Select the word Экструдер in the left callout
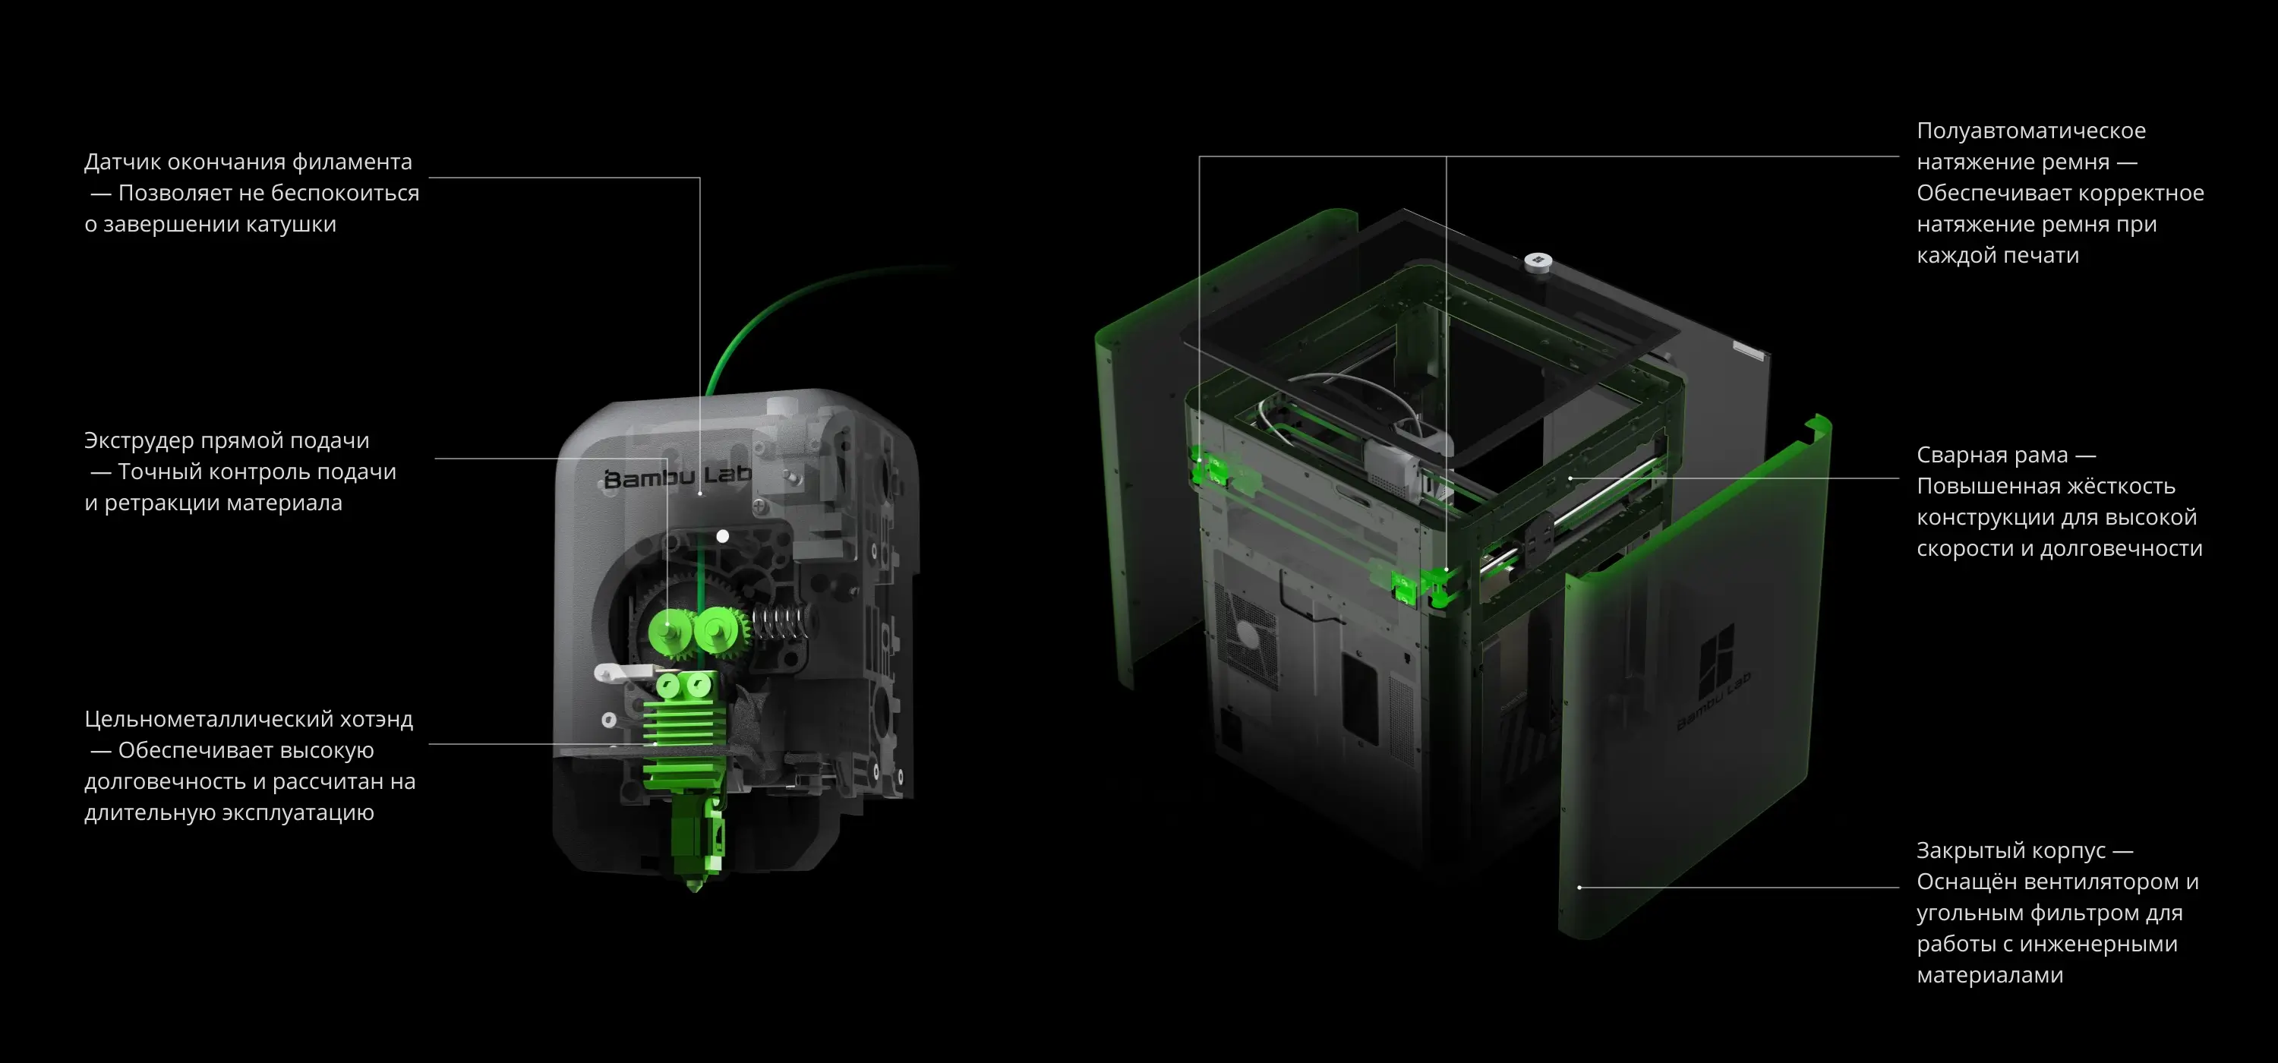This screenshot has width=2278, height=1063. pyautogui.click(x=139, y=440)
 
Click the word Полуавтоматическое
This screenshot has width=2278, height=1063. pyautogui.click(x=2031, y=131)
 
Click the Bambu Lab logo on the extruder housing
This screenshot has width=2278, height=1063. pyautogui.click(x=677, y=477)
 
